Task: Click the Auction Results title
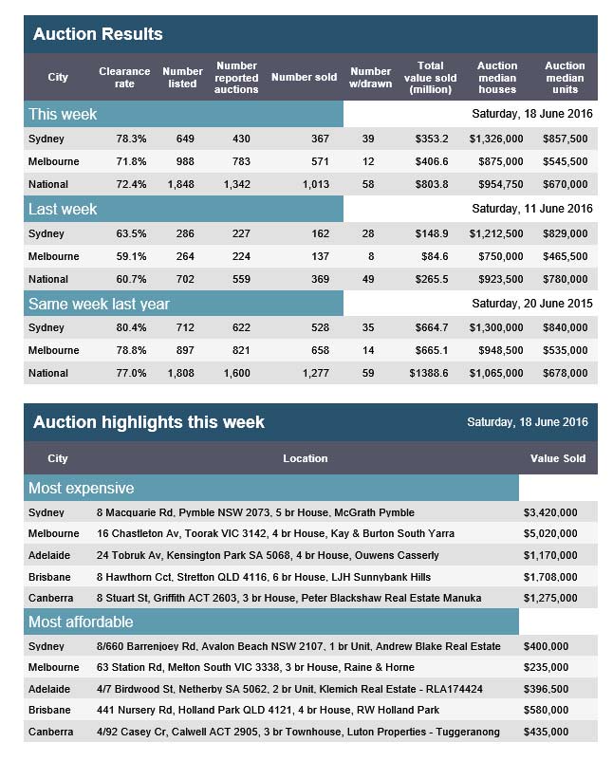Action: click(98, 34)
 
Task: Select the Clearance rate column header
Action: click(124, 77)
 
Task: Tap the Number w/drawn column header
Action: click(370, 77)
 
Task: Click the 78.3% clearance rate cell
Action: click(131, 139)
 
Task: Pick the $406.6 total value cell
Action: click(432, 161)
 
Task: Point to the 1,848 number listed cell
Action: click(180, 184)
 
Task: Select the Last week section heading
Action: click(63, 209)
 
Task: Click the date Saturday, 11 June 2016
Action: click(532, 209)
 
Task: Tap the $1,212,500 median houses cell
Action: click(496, 234)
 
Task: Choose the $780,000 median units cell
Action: click(565, 280)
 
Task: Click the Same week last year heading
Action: click(99, 304)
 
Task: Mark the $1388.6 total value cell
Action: click(429, 373)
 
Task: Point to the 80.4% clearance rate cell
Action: click(131, 327)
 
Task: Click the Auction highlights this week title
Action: click(149, 422)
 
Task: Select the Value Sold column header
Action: click(558, 458)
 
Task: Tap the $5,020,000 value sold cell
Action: click(550, 534)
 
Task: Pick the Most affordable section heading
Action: click(81, 622)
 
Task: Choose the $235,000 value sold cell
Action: click(546, 668)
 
